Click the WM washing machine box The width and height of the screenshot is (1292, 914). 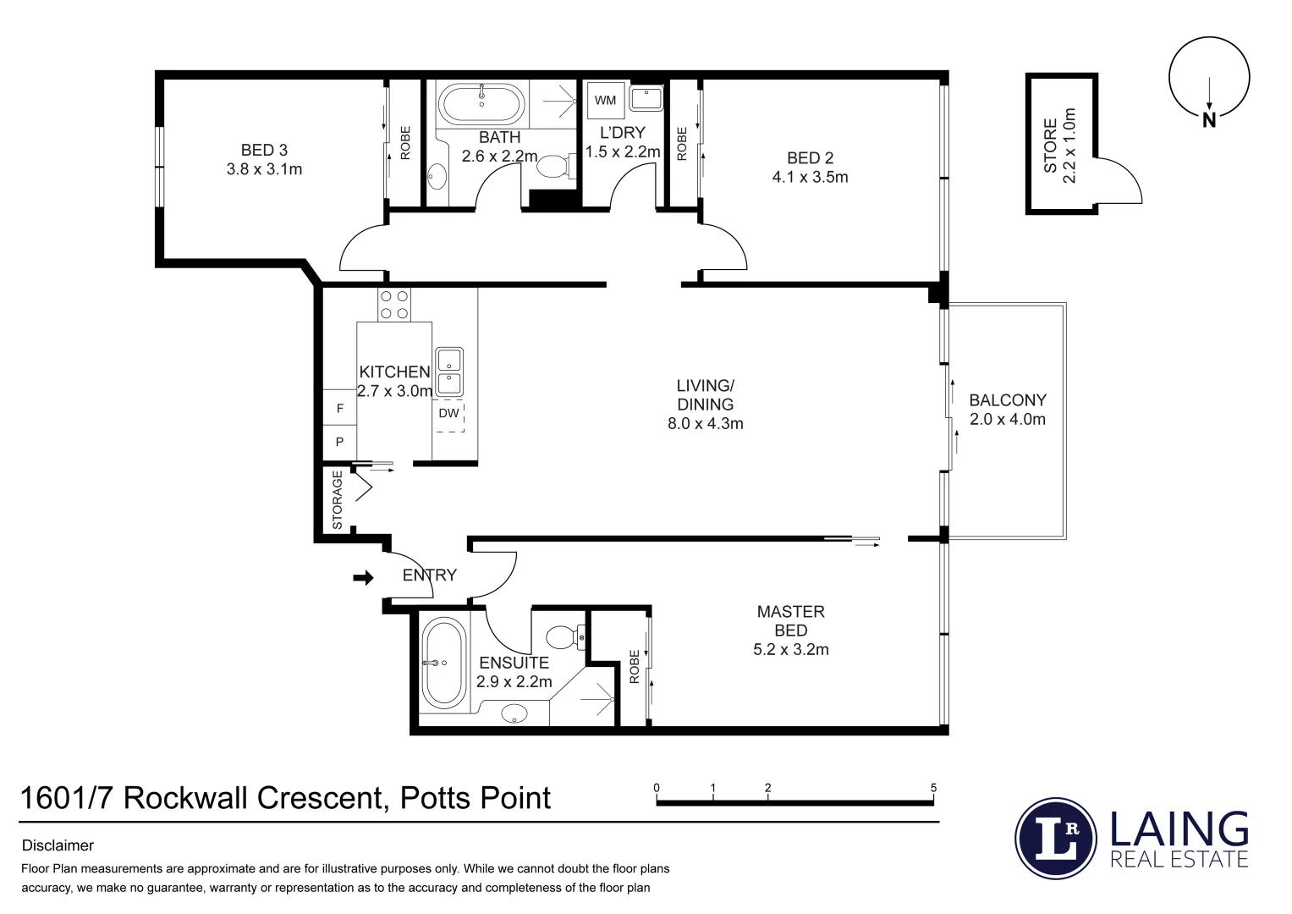[x=605, y=101]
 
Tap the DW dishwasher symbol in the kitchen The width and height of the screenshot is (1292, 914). [x=449, y=414]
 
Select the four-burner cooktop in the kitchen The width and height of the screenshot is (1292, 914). [x=394, y=305]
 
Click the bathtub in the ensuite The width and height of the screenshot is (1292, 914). [x=443, y=663]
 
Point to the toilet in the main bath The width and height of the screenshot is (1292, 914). [x=553, y=166]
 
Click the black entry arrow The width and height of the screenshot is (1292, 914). [x=363, y=578]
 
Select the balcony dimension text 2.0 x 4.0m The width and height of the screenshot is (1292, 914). [x=1007, y=419]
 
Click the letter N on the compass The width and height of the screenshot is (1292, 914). [x=1209, y=120]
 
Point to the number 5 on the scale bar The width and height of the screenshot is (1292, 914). [x=934, y=788]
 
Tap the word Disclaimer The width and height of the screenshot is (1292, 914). [x=58, y=845]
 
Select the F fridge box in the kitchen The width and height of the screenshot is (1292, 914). [x=340, y=409]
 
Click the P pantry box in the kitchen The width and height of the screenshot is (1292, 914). [x=340, y=442]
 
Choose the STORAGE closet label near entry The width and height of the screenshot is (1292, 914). [x=338, y=500]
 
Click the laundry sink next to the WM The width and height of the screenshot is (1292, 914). [x=646, y=98]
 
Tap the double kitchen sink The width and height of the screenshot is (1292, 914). [x=448, y=372]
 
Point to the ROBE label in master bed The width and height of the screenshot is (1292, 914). [x=635, y=667]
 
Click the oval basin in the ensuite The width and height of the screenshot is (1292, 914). [x=514, y=714]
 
